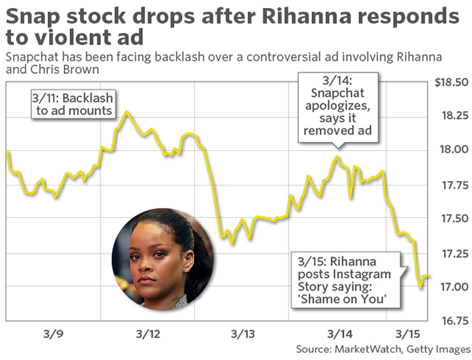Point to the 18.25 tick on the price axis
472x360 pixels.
451,116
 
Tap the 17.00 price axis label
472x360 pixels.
451,287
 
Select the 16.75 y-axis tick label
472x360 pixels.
451,321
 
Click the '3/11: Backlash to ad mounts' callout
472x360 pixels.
71,103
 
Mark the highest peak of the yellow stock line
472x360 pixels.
127,112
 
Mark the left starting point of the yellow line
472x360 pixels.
7,152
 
